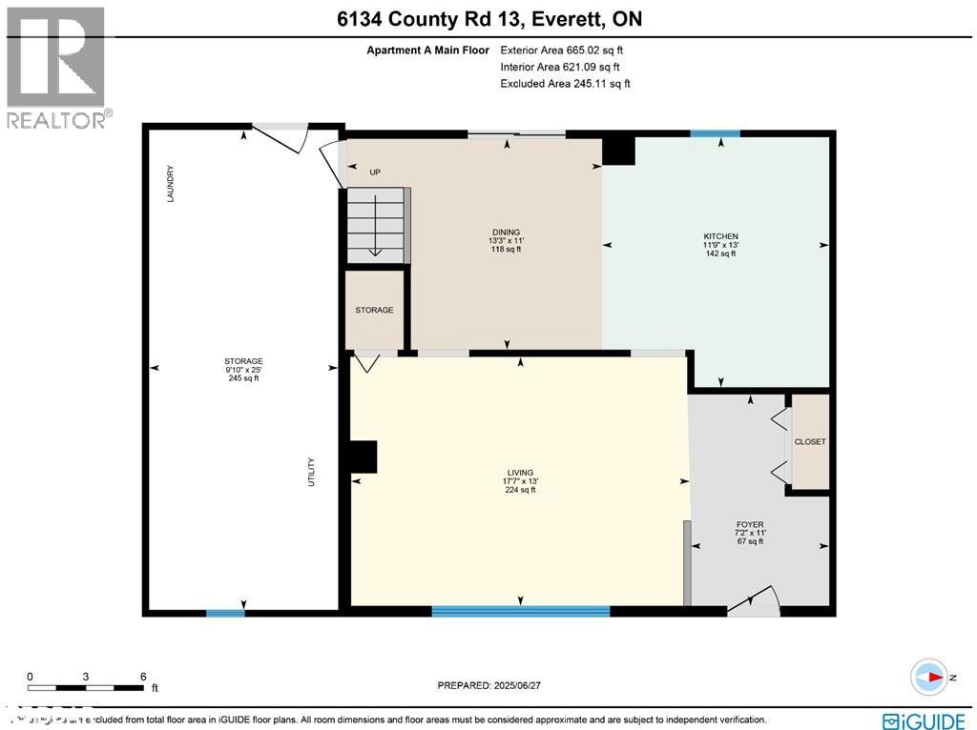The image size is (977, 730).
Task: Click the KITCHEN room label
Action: tap(721, 236)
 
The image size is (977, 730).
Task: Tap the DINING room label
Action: tap(505, 232)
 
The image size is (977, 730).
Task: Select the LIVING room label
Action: tap(520, 473)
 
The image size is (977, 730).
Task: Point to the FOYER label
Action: tap(749, 524)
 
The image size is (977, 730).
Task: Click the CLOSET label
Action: tap(810, 442)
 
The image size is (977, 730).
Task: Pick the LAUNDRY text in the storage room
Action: tap(170, 183)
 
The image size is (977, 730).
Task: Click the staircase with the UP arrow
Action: tap(378, 223)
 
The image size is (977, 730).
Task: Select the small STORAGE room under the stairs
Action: tap(374, 311)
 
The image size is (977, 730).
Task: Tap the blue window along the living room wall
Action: tap(520, 611)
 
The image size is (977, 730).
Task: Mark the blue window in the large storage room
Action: tap(225, 613)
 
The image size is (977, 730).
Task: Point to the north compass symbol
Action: tap(928, 675)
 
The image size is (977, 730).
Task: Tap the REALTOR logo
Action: tap(57, 67)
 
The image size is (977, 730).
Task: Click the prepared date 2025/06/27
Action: tap(494, 685)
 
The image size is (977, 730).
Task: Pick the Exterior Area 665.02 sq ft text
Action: tap(563, 50)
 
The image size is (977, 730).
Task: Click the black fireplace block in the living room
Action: tap(364, 456)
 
